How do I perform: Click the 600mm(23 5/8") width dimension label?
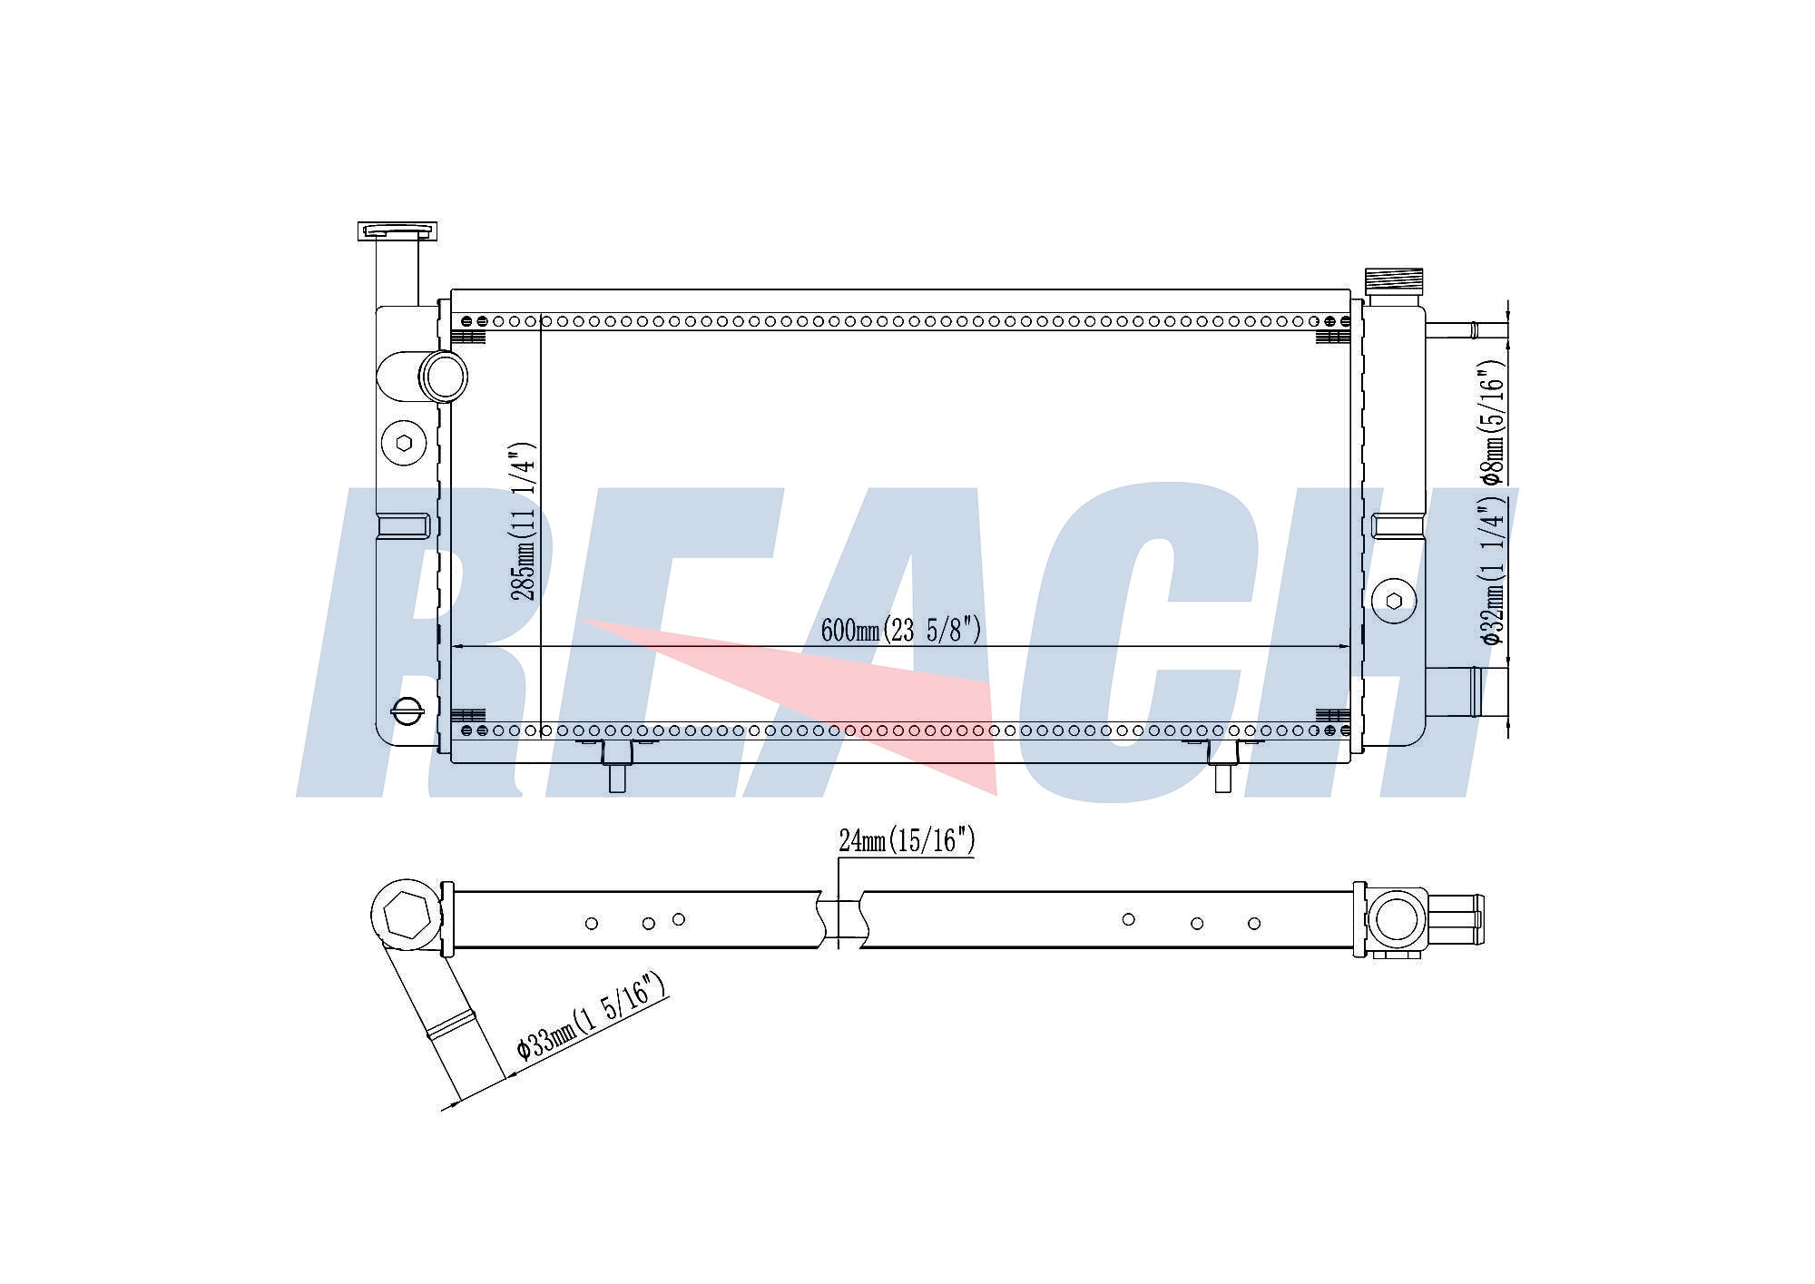coord(900,630)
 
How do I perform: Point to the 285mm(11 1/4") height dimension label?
coord(524,522)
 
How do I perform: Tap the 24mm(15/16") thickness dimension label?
coord(907,840)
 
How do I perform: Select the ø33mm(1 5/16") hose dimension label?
coord(592,1016)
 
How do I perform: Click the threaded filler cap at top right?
coord(1394,279)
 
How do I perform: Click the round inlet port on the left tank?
coord(443,376)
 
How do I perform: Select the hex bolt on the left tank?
coord(404,443)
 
